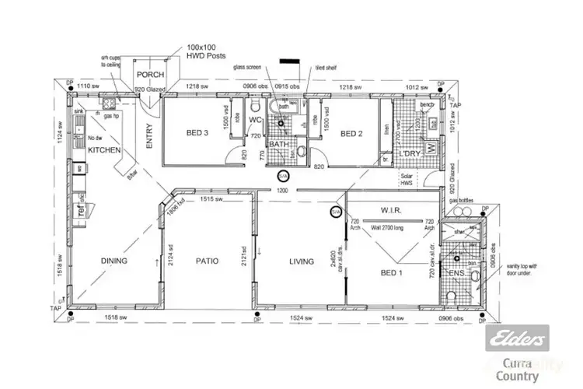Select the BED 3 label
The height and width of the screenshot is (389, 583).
tap(198, 133)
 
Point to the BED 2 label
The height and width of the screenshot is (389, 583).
tap(352, 133)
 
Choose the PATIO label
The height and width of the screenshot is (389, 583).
tap(208, 261)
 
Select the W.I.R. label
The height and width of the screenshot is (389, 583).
tap(390, 210)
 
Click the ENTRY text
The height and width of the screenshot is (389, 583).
tap(149, 137)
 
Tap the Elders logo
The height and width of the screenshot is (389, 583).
tap(517, 338)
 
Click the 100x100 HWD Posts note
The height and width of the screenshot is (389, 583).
tap(207, 51)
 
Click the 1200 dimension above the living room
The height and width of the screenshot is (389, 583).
tap(283, 191)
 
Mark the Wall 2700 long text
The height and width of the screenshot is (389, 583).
tap(393, 230)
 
